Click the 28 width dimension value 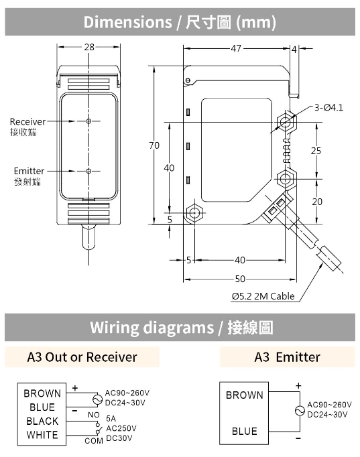(89, 48)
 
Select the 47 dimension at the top (236, 48)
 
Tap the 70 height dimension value (154, 145)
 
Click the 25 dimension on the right (316, 151)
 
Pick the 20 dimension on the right (316, 201)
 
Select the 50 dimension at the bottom (239, 279)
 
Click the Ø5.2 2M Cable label (263, 296)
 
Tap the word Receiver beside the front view (27, 121)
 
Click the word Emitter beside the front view (28, 171)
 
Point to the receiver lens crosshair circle (89, 121)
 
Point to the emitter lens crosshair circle (89, 171)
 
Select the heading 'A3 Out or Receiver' (82, 357)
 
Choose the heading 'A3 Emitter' (287, 357)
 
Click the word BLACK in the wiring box (42, 421)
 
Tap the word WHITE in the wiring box (42, 435)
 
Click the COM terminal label (93, 441)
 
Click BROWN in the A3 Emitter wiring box (244, 395)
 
